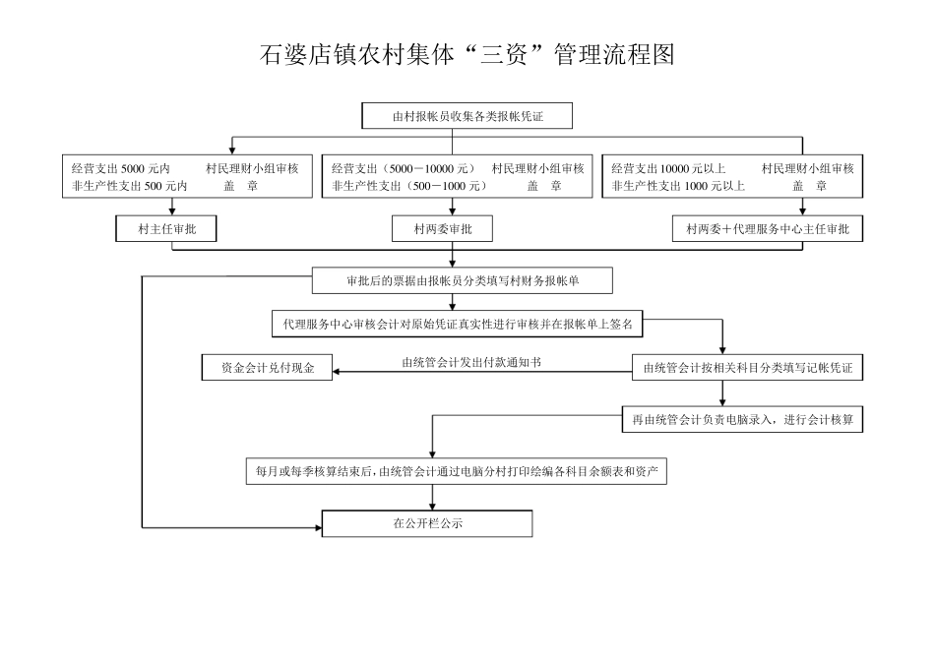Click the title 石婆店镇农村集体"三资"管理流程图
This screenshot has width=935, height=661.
coord(467,54)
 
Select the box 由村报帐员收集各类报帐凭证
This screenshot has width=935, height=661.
coord(467,117)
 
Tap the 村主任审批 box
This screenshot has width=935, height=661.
coord(164,229)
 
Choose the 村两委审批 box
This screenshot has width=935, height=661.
coord(452,229)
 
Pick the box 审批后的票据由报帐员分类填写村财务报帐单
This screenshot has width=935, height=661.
coord(463,280)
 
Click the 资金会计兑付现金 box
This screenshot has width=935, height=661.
coord(266,369)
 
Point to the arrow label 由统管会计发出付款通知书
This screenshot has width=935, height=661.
coord(471,362)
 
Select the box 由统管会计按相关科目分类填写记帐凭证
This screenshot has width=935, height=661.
coord(747,369)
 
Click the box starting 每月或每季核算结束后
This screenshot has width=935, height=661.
coord(456,471)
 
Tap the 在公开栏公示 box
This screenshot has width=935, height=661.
coord(427,523)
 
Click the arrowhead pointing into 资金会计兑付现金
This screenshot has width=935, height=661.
coord(336,371)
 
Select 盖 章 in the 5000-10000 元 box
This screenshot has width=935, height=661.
coord(544,185)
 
